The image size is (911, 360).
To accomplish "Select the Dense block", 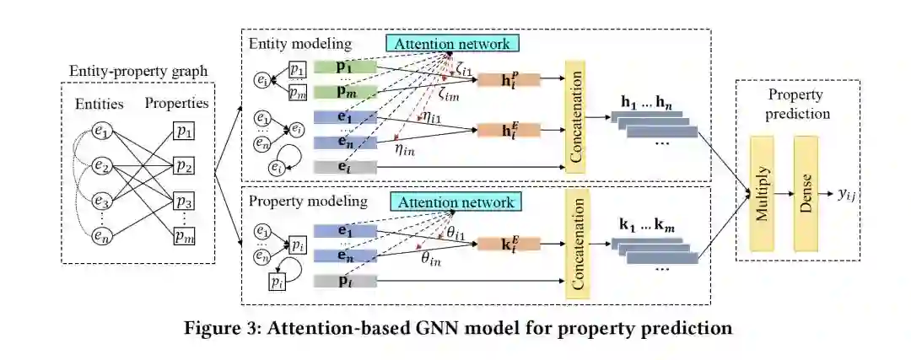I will tap(805, 194).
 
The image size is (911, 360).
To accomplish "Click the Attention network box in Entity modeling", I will tap(454, 42).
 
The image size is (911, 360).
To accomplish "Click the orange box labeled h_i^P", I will tap(497, 79).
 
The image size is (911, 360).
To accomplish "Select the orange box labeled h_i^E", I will tap(497, 130).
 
